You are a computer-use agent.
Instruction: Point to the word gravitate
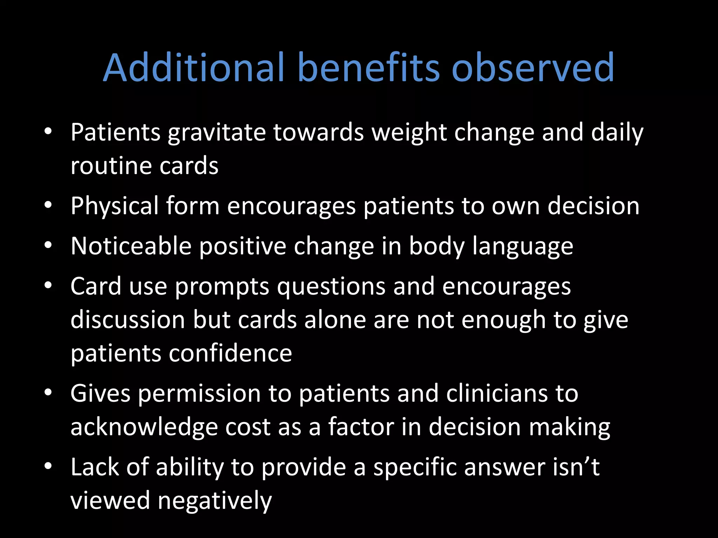(x=216, y=133)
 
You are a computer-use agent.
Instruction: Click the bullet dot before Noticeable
(x=48, y=245)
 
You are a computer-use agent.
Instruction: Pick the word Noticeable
(x=131, y=246)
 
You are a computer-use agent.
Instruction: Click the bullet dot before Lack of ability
(x=48, y=466)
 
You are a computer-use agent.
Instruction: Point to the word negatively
(x=215, y=501)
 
